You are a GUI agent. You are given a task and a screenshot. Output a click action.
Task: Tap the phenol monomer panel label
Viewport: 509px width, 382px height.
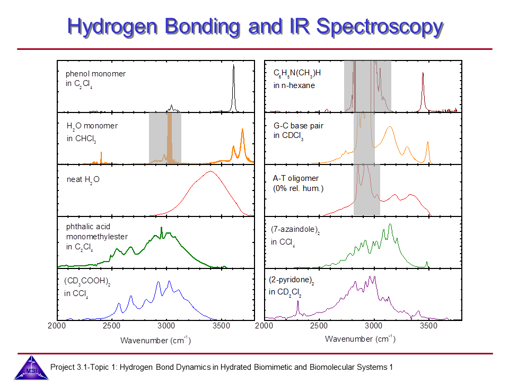point(95,79)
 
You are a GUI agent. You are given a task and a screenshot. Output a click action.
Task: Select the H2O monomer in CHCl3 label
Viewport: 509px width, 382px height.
point(92,132)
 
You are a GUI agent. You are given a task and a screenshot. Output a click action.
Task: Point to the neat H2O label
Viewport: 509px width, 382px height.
point(80,179)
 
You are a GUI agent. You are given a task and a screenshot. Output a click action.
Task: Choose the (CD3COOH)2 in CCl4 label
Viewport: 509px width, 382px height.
point(87,287)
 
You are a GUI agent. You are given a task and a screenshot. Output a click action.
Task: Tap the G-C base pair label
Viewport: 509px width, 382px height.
point(298,131)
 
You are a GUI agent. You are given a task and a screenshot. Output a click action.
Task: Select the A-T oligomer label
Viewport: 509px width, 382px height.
point(296,183)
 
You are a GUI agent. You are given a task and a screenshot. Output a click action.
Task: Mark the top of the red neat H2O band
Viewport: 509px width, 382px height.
point(210,172)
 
